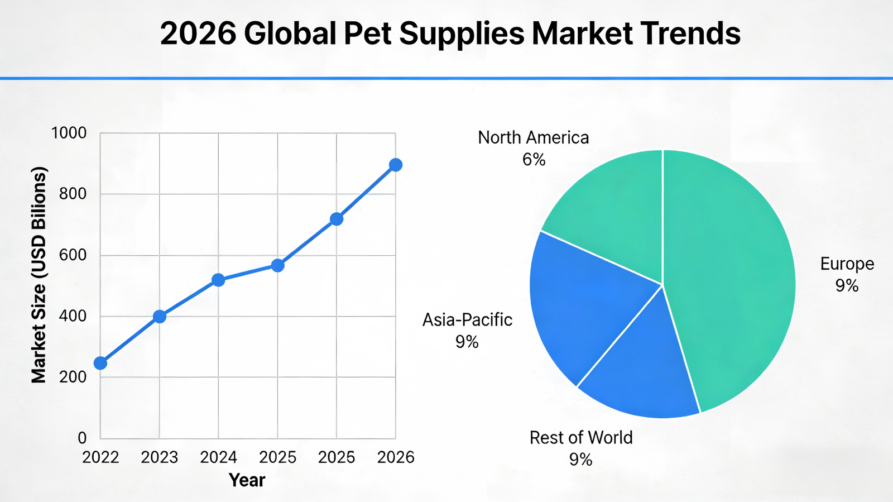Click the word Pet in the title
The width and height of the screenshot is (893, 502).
[x=369, y=34]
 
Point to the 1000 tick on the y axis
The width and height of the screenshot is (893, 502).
[x=69, y=133]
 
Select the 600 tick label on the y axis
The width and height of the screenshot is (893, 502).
[x=73, y=255]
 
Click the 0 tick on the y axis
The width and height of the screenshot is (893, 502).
[x=82, y=438]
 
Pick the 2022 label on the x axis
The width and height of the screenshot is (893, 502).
[x=100, y=458]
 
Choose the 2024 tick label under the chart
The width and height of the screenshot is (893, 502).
[x=218, y=458]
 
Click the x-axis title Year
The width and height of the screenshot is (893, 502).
[x=247, y=480]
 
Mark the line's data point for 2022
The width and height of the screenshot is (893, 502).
[x=100, y=364]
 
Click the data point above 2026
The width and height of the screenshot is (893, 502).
[x=396, y=165]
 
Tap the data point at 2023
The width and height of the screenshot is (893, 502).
[x=160, y=317]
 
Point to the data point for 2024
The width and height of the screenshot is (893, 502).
[x=218, y=280]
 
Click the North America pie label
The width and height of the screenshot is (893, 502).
[x=533, y=137]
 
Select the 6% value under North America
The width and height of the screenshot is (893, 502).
[x=534, y=160]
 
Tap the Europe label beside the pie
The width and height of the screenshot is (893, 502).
[x=847, y=264]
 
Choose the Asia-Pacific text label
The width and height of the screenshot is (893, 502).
[x=467, y=320]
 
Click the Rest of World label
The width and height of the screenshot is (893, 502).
[x=581, y=438]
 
